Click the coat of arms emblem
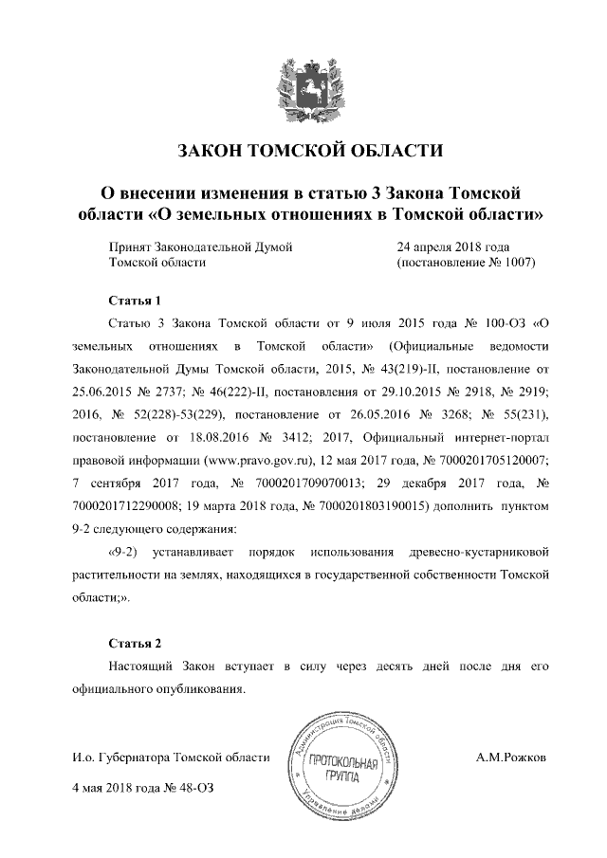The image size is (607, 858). click(x=303, y=84)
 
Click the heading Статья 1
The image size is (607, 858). click(x=136, y=301)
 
